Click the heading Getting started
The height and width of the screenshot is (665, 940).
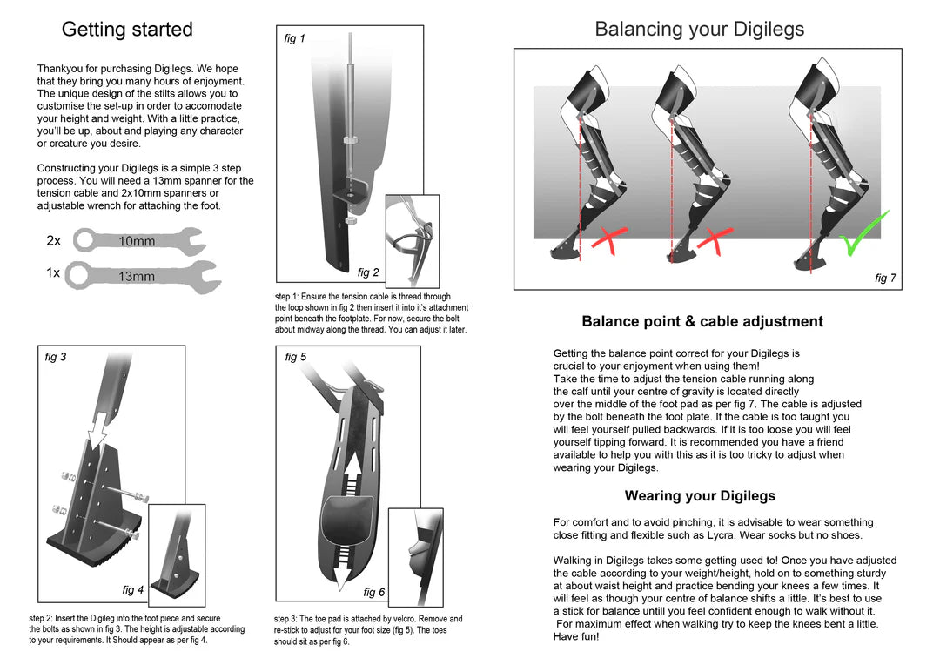(127, 30)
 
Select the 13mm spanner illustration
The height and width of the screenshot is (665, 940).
(144, 275)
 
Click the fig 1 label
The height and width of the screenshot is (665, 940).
(295, 39)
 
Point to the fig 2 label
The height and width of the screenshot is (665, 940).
(368, 272)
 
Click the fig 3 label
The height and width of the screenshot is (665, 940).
(56, 357)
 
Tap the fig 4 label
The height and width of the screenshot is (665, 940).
(132, 590)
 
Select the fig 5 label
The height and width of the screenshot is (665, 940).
(296, 357)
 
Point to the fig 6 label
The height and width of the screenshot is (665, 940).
(373, 593)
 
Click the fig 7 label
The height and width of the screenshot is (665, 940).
(885, 279)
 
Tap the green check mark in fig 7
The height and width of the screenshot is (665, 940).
(864, 233)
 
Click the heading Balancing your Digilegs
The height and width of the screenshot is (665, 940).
(699, 30)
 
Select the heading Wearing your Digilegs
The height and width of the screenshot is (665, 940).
(700, 496)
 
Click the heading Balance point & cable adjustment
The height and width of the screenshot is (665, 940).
(702, 321)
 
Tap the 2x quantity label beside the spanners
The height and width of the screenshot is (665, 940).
(54, 241)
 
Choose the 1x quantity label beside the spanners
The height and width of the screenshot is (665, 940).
(53, 273)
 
